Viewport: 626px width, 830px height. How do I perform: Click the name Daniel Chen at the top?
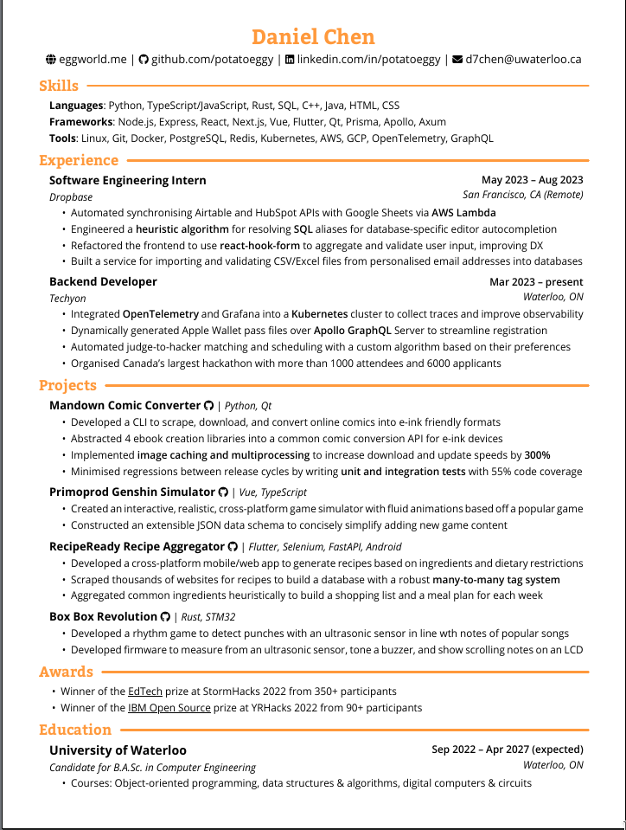[x=313, y=37]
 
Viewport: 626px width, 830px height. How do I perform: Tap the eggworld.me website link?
[x=93, y=60]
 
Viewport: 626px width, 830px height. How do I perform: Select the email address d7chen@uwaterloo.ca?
[x=523, y=60]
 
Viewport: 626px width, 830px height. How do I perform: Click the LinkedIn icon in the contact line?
[x=290, y=60]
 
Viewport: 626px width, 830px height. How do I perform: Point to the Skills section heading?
[x=59, y=86]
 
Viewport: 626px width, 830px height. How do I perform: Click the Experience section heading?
[x=79, y=160]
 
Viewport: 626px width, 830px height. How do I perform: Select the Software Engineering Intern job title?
[x=128, y=180]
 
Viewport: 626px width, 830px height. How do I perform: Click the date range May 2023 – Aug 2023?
[x=532, y=180]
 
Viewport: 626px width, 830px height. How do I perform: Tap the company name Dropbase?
[x=71, y=196]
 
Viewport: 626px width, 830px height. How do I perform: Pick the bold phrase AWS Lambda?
[x=463, y=212]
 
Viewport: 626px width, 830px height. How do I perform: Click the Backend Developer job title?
[x=103, y=281]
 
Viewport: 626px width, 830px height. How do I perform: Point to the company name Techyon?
[x=67, y=298]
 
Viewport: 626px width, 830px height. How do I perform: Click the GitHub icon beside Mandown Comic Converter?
[x=208, y=405]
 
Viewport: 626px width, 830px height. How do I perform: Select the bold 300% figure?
[x=537, y=454]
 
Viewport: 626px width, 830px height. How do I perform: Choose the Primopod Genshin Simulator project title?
[x=132, y=492]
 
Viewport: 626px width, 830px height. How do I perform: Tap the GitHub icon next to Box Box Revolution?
[x=165, y=616]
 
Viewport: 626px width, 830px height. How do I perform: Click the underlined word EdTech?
[x=145, y=692]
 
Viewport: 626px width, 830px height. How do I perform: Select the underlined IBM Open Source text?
[x=169, y=708]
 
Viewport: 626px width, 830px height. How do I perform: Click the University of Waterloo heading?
[x=118, y=750]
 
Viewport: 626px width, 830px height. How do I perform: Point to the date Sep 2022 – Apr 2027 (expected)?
[x=508, y=750]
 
